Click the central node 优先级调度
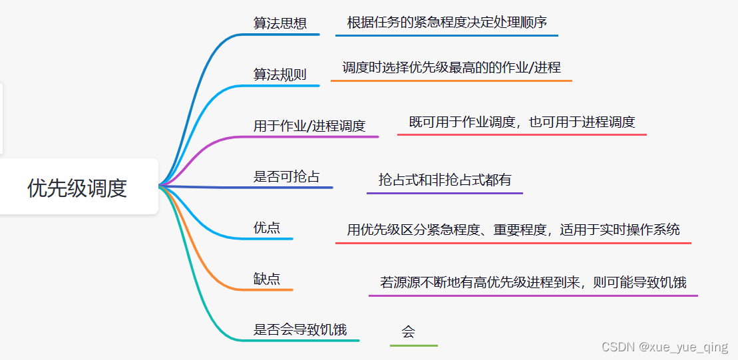(77, 188)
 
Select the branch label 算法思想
(280, 23)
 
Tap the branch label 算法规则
(280, 75)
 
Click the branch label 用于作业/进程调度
(309, 126)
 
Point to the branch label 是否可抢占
(287, 176)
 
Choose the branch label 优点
(267, 228)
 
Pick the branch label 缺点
(267, 279)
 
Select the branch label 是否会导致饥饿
(300, 329)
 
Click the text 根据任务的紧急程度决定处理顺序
(447, 23)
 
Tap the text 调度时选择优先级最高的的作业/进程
(451, 67)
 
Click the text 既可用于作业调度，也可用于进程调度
(522, 122)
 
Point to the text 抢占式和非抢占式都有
(445, 180)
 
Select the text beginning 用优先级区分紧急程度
(513, 230)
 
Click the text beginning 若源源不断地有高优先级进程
(533, 282)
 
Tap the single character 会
(409, 331)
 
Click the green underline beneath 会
(414, 345)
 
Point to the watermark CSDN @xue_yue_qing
(664, 347)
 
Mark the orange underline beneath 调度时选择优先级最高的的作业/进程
(451, 81)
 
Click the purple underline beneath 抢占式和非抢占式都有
(445, 194)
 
